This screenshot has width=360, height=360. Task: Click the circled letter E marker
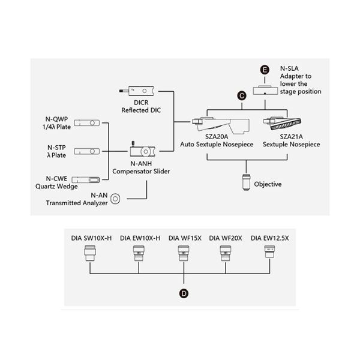tap(265, 70)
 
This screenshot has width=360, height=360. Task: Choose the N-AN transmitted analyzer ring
tap(116, 199)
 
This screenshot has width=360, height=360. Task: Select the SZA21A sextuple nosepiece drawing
tap(287, 124)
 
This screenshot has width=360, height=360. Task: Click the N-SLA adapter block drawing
tap(265, 90)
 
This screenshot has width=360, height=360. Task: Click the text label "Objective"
tap(268, 184)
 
